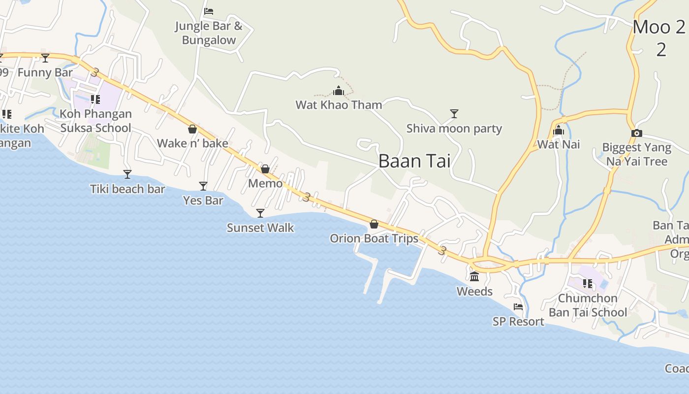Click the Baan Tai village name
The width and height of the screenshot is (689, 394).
[414, 161]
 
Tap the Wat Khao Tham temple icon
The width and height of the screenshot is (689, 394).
[339, 91]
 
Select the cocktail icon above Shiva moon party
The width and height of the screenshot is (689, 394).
[454, 114]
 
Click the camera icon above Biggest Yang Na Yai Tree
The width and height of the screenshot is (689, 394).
[636, 133]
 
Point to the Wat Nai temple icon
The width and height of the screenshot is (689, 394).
[559, 131]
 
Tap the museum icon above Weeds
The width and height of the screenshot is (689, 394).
[474, 277]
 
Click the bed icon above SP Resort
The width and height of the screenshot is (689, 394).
[518, 307]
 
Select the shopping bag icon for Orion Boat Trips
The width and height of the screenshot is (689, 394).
[374, 225]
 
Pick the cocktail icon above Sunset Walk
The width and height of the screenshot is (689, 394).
[260, 213]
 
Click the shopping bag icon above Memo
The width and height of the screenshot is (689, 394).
[265, 169]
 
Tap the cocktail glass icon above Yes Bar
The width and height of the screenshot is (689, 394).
[203, 186]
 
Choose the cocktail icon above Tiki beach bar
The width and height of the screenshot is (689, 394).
[127, 174]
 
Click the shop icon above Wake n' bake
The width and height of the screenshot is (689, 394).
[192, 130]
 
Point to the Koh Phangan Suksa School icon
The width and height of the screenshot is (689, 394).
[95, 99]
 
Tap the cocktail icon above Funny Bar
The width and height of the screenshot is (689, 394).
[45, 58]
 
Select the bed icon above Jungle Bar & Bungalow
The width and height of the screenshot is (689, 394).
[209, 11]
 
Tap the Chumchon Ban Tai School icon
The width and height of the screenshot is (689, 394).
[588, 284]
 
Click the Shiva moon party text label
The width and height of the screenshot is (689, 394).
[454, 129]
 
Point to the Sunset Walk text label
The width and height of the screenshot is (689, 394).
[260, 228]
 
